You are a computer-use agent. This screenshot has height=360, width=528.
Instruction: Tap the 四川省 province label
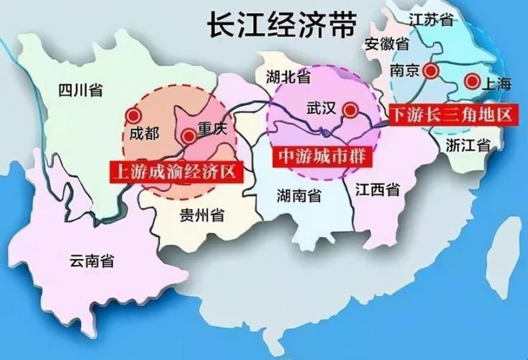click(x=80, y=90)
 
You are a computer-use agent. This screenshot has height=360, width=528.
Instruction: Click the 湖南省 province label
click(x=299, y=194)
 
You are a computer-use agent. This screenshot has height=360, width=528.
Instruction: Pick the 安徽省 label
click(x=386, y=43)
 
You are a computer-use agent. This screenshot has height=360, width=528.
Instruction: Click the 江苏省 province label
click(x=430, y=19)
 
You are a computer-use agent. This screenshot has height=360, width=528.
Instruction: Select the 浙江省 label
click(x=467, y=145)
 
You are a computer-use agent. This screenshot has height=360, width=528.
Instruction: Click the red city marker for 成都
click(x=132, y=115)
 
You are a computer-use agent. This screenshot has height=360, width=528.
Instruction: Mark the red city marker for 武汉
click(x=350, y=110)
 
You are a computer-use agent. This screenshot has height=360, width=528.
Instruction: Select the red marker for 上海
click(x=472, y=81)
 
